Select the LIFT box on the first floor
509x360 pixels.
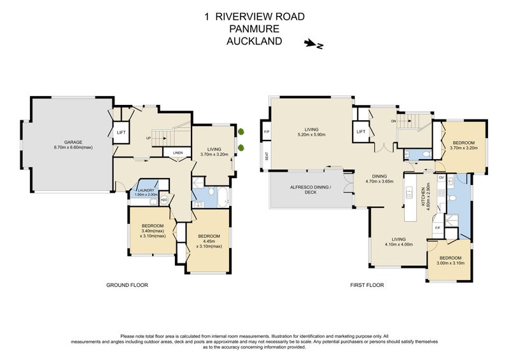pyautogui.click(x=361, y=132)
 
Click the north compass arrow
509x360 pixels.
pyautogui.click(x=312, y=44)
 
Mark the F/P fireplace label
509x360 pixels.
pyautogui.click(x=266, y=132)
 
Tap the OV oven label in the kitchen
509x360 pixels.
pyautogui.click(x=441, y=178)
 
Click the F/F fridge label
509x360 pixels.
pyautogui.click(x=438, y=227)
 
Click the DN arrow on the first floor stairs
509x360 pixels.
pyautogui.click(x=395, y=120)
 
